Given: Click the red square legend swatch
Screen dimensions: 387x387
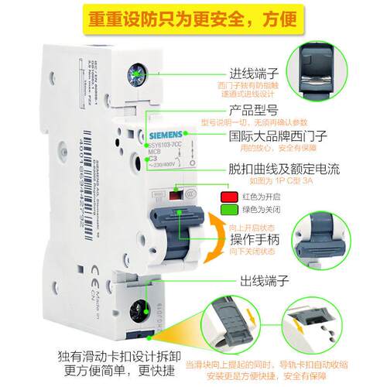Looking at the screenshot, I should [227, 197].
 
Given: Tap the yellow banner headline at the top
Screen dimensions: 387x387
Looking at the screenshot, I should [193, 18].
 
